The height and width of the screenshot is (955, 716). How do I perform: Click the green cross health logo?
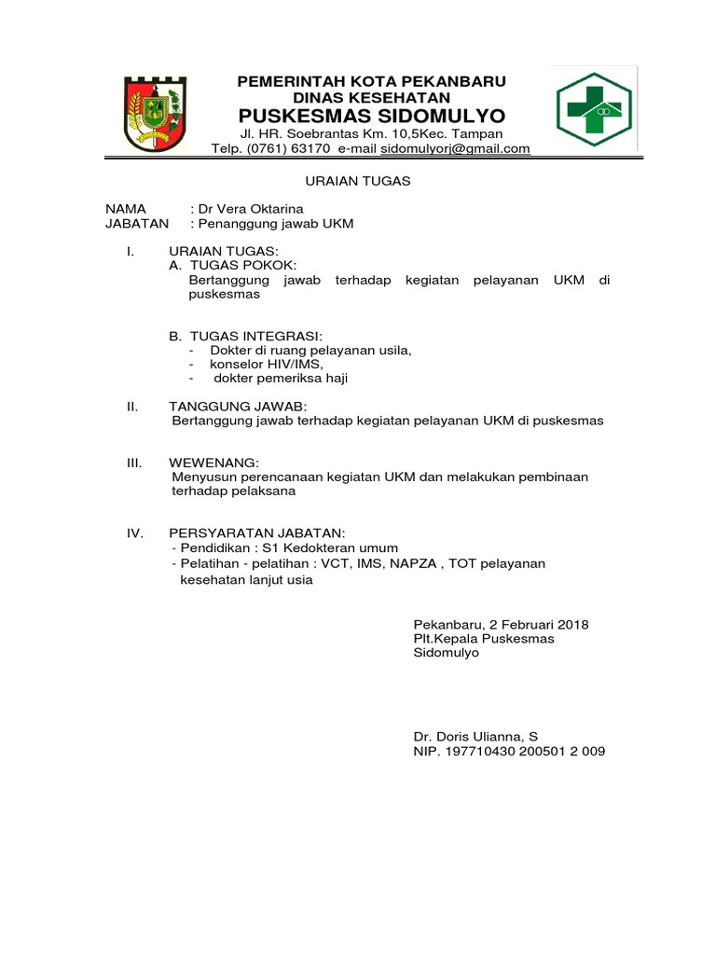(594, 107)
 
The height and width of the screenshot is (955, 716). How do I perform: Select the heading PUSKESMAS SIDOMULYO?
(371, 116)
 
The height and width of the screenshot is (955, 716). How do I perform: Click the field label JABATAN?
(137, 224)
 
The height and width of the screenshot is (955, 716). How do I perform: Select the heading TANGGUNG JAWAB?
(237, 407)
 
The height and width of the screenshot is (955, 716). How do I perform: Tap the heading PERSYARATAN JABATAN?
(256, 533)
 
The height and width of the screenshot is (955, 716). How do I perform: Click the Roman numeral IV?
(134, 533)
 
